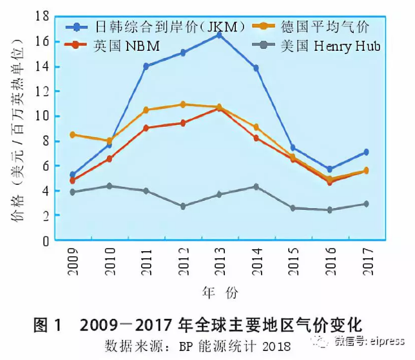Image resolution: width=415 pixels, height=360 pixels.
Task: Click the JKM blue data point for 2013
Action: point(219,35)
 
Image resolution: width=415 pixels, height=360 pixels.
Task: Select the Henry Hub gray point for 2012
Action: point(182,207)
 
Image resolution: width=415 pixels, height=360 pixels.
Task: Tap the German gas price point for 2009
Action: point(73,135)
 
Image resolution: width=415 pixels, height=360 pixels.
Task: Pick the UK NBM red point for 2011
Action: point(146,128)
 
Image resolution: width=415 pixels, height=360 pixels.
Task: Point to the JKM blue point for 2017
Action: point(366,152)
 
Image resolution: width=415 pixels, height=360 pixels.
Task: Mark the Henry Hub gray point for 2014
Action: point(256,187)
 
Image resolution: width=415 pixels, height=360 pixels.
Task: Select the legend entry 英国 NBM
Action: point(126,46)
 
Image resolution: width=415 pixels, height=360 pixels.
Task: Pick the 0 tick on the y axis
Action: point(46,241)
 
